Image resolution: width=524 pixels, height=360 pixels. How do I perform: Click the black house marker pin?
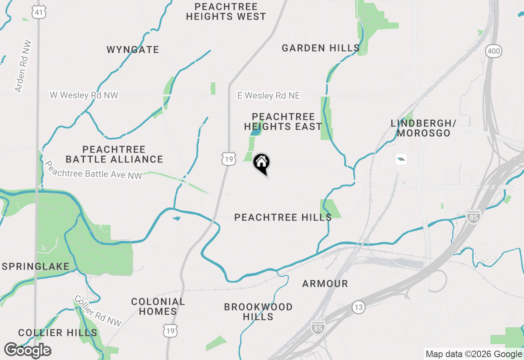click(x=261, y=163)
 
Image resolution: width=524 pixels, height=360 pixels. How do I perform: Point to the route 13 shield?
click(x=359, y=307)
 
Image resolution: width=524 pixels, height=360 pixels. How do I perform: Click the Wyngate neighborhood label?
click(x=133, y=50)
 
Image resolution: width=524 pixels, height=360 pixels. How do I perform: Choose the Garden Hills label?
click(x=321, y=48)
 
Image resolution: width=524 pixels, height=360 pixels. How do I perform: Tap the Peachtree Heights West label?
click(x=226, y=12)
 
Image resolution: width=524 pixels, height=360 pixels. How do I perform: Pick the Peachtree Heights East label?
click(x=283, y=122)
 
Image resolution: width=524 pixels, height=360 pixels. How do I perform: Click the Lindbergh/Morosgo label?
click(x=423, y=128)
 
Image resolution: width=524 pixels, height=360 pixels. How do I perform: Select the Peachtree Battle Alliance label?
click(x=114, y=154)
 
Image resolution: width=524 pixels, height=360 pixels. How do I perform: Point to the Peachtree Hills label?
click(x=283, y=217)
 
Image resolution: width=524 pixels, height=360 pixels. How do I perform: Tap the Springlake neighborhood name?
click(x=36, y=267)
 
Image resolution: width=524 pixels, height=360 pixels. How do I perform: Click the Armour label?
click(x=325, y=283)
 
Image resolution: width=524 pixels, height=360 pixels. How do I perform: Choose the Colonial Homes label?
click(x=158, y=306)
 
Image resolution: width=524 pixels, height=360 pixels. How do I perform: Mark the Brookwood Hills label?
click(x=258, y=312)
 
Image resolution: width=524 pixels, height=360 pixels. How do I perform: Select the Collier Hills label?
click(x=58, y=333)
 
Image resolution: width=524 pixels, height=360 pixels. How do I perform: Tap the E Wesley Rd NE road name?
click(x=269, y=96)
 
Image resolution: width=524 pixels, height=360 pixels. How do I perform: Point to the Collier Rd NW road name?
click(x=98, y=311)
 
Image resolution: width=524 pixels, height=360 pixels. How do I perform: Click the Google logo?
click(x=27, y=350)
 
